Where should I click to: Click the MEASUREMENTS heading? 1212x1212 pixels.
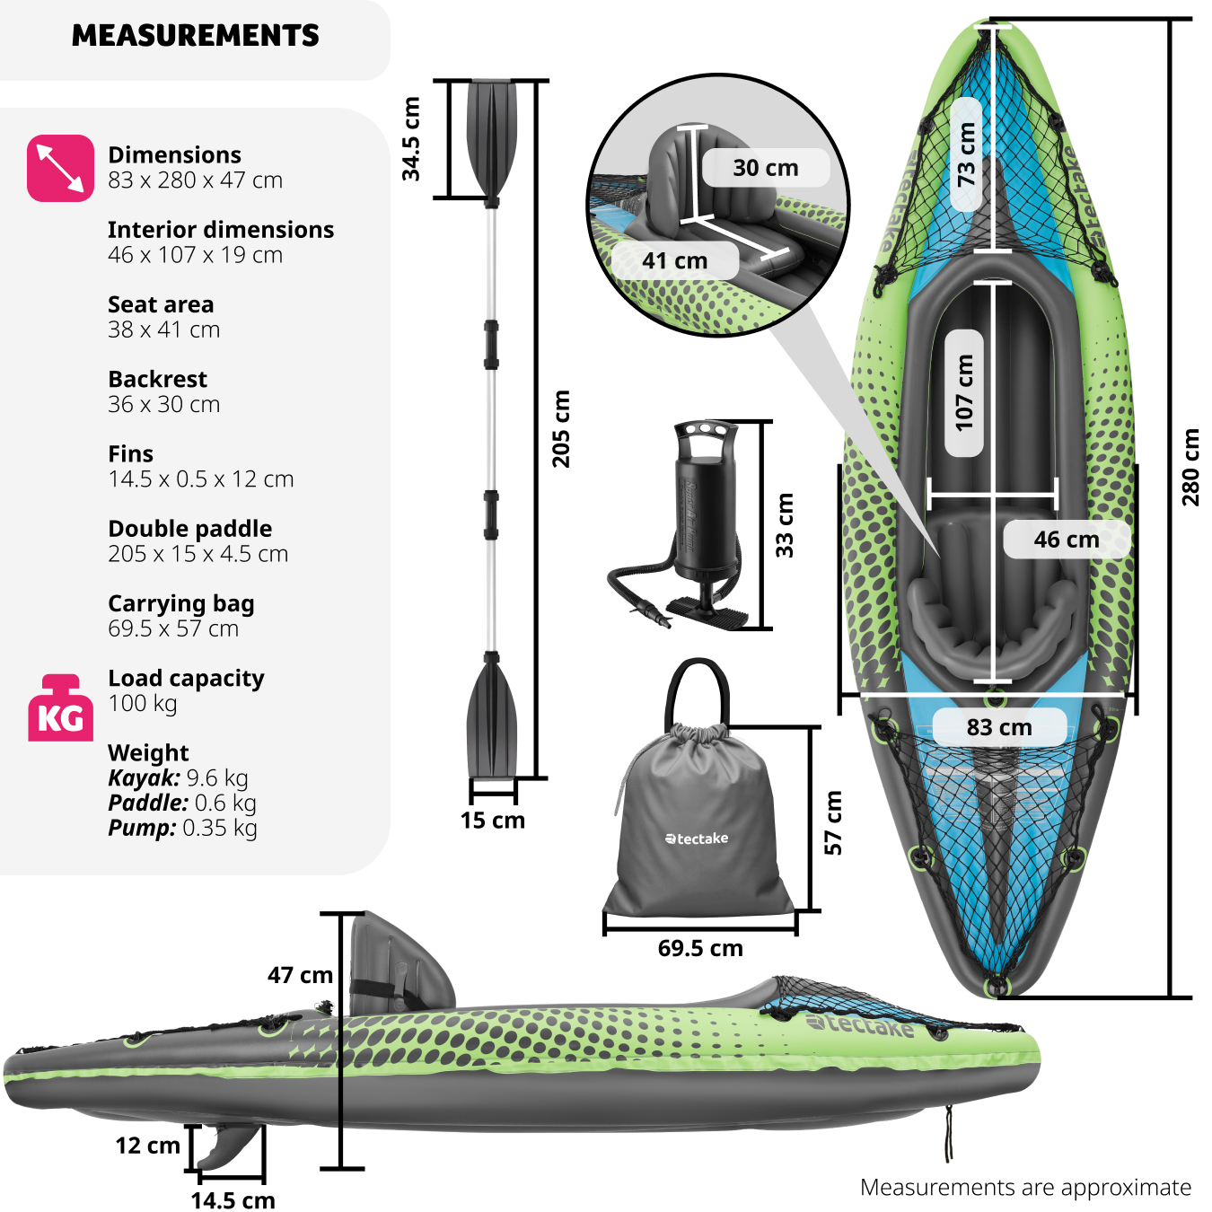click(x=196, y=36)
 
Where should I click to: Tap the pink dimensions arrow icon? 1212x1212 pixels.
click(x=60, y=168)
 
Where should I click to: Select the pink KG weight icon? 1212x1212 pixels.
click(x=60, y=708)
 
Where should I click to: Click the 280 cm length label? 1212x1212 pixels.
click(x=1190, y=467)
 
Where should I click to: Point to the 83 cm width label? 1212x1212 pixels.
click(x=999, y=727)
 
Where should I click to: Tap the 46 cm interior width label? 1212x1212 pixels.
click(x=1066, y=540)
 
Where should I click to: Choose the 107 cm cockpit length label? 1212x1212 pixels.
click(x=964, y=392)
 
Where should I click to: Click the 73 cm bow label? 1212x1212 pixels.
click(x=966, y=154)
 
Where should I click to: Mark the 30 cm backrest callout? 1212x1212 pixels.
click(x=765, y=168)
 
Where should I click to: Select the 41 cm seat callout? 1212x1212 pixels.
click(x=675, y=261)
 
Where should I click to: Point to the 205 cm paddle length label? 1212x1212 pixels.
click(x=561, y=428)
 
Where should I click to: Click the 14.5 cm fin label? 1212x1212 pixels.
click(x=233, y=1200)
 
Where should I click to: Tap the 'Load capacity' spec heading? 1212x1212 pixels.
click(x=186, y=678)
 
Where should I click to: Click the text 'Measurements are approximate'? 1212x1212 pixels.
click(x=1025, y=1187)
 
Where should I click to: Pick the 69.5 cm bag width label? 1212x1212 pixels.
click(x=700, y=948)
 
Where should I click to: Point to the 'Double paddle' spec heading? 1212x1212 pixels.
click(x=189, y=529)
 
